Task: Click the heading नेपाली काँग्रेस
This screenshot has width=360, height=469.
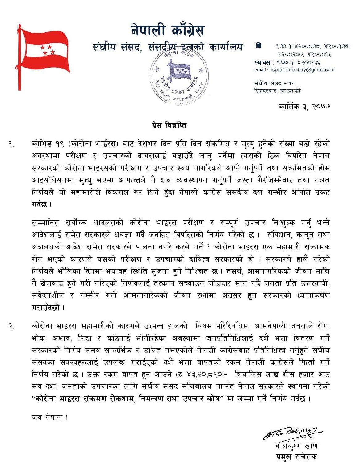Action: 167,31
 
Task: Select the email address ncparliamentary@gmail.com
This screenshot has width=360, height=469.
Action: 302,70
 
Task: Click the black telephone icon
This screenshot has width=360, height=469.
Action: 258,46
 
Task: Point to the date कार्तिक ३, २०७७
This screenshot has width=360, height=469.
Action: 304,107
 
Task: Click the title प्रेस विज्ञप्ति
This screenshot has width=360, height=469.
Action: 169,125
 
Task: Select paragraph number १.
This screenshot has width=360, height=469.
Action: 11,144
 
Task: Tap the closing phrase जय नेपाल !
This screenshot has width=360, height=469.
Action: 50,417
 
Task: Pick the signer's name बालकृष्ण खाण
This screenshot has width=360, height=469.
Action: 296,446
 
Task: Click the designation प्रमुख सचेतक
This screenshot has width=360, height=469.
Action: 296,457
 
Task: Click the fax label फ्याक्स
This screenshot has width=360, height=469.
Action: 262,63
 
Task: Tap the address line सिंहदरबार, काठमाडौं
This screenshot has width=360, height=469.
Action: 277,91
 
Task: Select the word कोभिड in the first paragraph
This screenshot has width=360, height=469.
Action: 42,144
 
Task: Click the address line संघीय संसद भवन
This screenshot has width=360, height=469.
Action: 274,83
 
